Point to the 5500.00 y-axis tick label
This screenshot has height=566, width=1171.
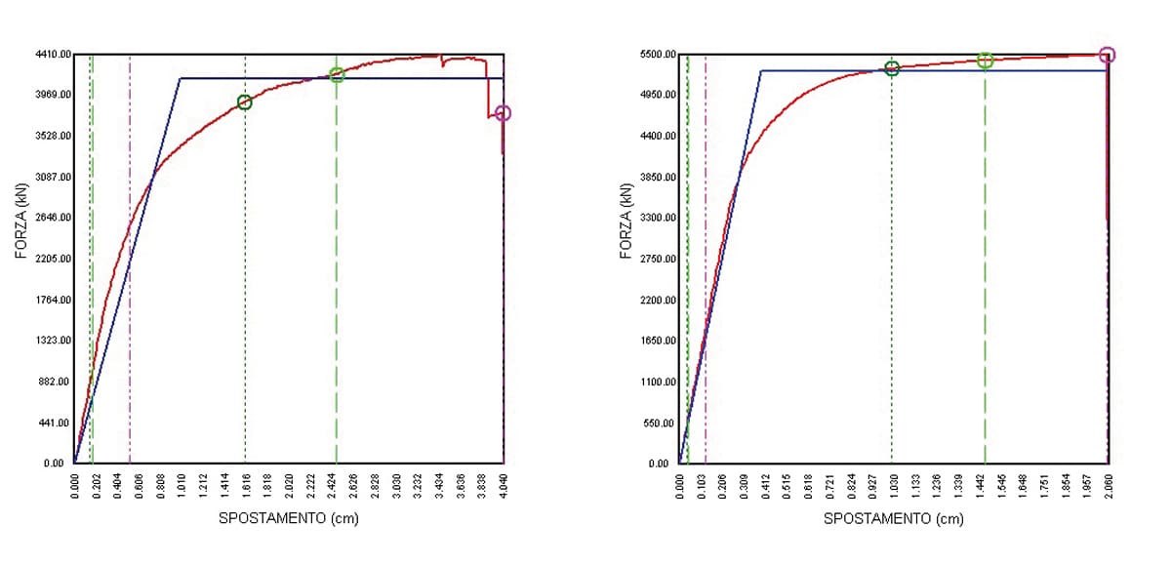click(x=658, y=55)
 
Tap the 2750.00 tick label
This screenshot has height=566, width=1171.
click(x=658, y=259)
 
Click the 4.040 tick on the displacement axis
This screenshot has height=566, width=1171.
click(x=504, y=485)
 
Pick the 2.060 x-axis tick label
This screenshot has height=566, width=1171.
click(x=1109, y=485)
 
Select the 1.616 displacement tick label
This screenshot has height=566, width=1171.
click(x=246, y=485)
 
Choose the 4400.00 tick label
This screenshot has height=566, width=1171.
click(x=658, y=137)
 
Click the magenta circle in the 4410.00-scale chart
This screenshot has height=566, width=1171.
click(x=503, y=113)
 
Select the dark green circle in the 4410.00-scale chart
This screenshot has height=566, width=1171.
click(x=245, y=102)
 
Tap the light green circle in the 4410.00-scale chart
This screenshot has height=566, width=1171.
click(x=337, y=75)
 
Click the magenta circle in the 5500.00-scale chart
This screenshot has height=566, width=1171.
click(x=1107, y=55)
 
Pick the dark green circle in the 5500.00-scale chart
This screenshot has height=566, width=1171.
click(x=892, y=68)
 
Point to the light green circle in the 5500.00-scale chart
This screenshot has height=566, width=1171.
click(x=985, y=61)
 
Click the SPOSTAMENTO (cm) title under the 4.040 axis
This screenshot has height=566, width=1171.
click(x=289, y=518)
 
